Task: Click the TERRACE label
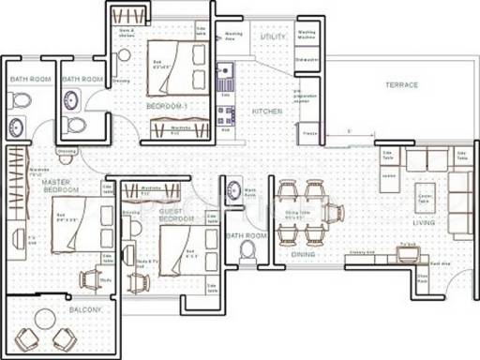click(400, 85)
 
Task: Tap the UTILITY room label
click(273, 37)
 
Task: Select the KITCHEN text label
click(267, 111)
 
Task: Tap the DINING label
click(302, 253)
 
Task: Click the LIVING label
click(424, 224)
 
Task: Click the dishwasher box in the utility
click(307, 62)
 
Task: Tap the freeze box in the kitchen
click(308, 138)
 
